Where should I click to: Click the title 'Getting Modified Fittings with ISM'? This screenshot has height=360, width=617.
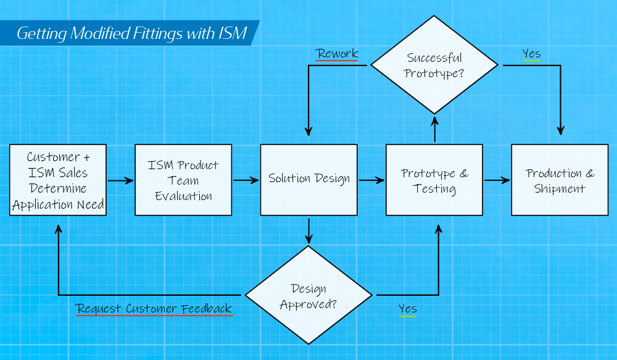[131, 33]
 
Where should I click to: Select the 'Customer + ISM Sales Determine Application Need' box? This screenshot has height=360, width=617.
[58, 180]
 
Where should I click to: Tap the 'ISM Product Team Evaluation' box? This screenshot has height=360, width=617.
[183, 180]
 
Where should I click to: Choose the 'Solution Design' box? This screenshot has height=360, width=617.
[308, 180]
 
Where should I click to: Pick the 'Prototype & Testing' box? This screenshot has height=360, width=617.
[434, 180]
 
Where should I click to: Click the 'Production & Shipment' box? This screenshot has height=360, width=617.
[560, 180]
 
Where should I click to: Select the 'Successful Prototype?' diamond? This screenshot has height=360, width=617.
[434, 65]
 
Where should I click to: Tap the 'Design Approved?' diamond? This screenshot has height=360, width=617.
[308, 295]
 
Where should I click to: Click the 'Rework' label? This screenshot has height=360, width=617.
[337, 54]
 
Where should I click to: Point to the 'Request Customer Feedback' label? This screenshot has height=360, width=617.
[154, 308]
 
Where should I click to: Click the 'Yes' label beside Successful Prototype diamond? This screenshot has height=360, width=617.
[531, 54]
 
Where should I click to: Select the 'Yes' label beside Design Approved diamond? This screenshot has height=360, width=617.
[407, 308]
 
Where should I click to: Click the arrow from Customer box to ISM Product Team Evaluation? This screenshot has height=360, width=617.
[120, 181]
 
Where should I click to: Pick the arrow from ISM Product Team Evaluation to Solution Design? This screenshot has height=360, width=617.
[246, 181]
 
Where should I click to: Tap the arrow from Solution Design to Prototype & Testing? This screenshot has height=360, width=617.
[371, 181]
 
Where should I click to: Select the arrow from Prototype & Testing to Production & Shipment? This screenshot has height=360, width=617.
[497, 181]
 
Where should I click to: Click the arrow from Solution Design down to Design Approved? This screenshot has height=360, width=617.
[308, 230]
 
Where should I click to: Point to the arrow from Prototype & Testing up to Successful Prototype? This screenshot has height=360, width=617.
[435, 129]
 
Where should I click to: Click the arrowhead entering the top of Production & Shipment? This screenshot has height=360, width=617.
[560, 130]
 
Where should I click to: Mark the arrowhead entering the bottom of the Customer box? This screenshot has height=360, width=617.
[59, 228]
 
